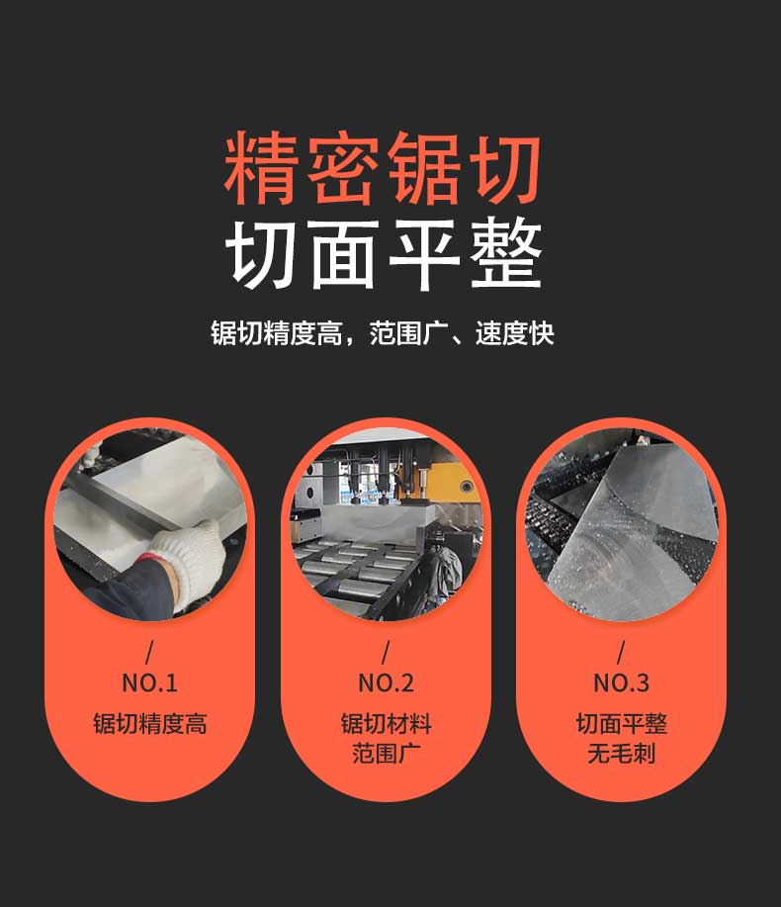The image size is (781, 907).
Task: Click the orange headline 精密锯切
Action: (383, 168)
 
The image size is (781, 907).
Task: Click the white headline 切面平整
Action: (384, 254)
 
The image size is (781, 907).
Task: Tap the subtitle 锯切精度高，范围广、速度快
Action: (383, 333)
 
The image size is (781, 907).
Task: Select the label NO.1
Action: (149, 683)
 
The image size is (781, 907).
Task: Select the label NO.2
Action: (386, 683)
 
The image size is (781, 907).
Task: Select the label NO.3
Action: (622, 683)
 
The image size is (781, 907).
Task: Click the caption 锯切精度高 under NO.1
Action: (149, 724)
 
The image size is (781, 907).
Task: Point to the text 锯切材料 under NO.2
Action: (387, 724)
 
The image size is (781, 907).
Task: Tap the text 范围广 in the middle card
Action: (387, 754)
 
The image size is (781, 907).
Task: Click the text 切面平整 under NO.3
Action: (622, 724)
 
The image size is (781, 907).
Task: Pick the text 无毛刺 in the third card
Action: (622, 754)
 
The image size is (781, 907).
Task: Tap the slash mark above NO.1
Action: (149, 653)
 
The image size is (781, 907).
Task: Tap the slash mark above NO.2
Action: (386, 653)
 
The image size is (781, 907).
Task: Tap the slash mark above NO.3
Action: (621, 653)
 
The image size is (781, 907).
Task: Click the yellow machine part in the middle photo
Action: (445, 479)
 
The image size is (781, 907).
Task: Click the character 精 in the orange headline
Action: (260, 168)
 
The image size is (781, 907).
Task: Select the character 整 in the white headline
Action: (506, 254)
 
